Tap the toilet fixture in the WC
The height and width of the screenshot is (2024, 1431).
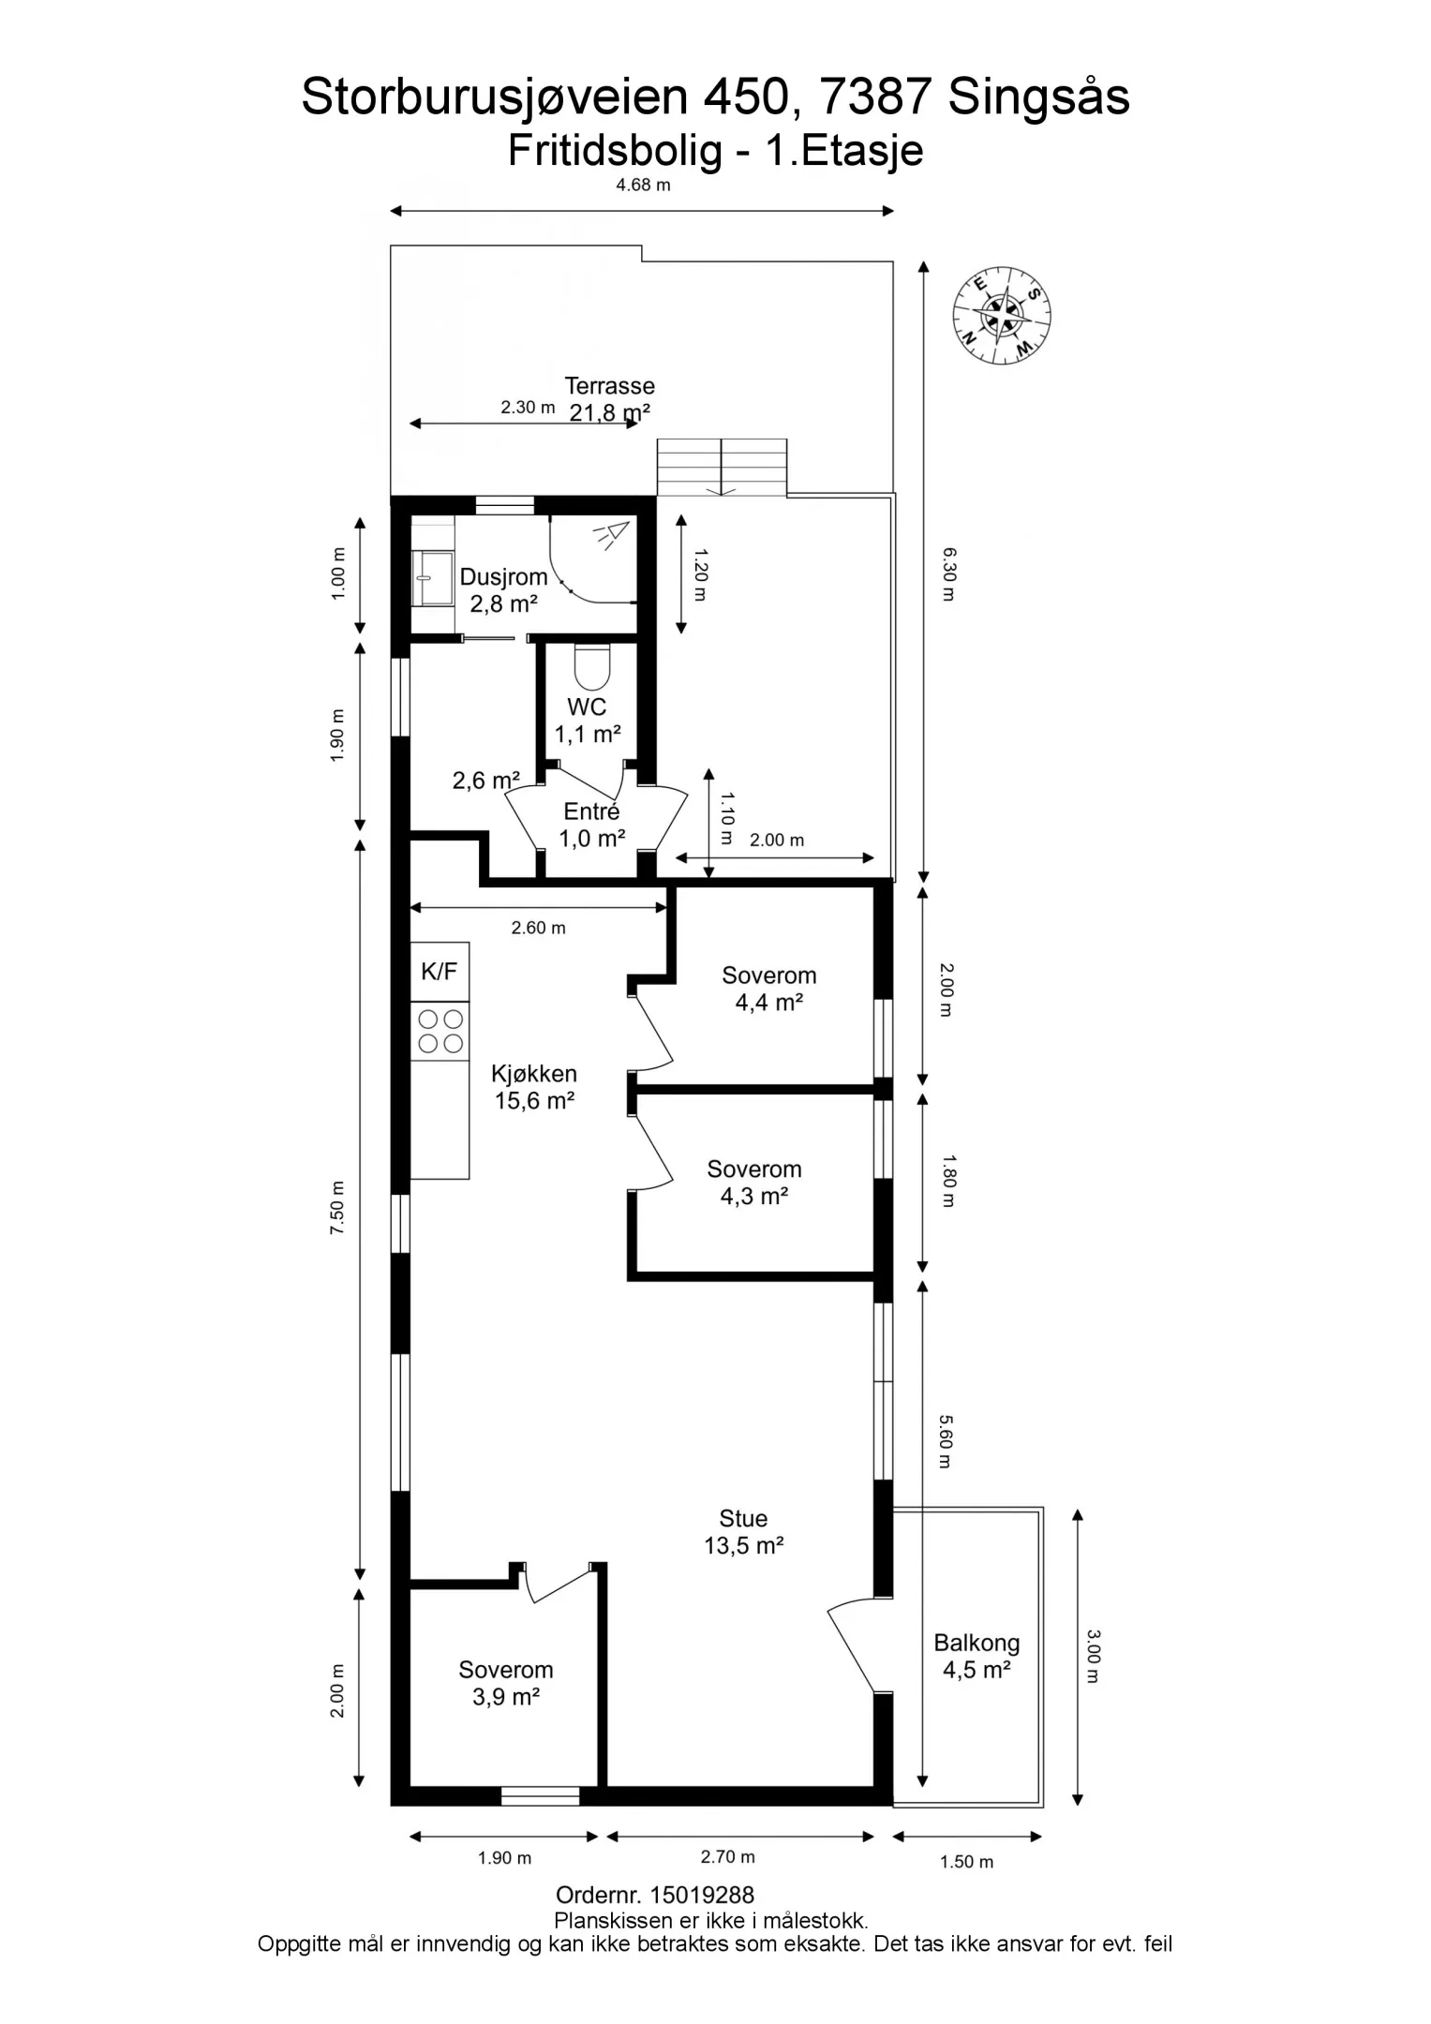tap(590, 665)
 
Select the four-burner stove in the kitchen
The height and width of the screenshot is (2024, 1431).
tap(440, 1031)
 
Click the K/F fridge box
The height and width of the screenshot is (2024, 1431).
tap(440, 972)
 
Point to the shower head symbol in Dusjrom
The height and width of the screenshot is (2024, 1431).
tap(610, 535)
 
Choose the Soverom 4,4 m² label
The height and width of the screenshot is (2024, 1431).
tap(768, 989)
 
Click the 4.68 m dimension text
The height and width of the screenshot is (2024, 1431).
tap(643, 186)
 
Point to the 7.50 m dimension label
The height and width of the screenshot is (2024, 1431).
tap(337, 1208)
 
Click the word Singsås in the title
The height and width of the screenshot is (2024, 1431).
tap(1039, 97)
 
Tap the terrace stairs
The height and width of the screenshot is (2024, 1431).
tap(722, 467)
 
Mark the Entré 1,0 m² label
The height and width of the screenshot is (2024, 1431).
tap(591, 825)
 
